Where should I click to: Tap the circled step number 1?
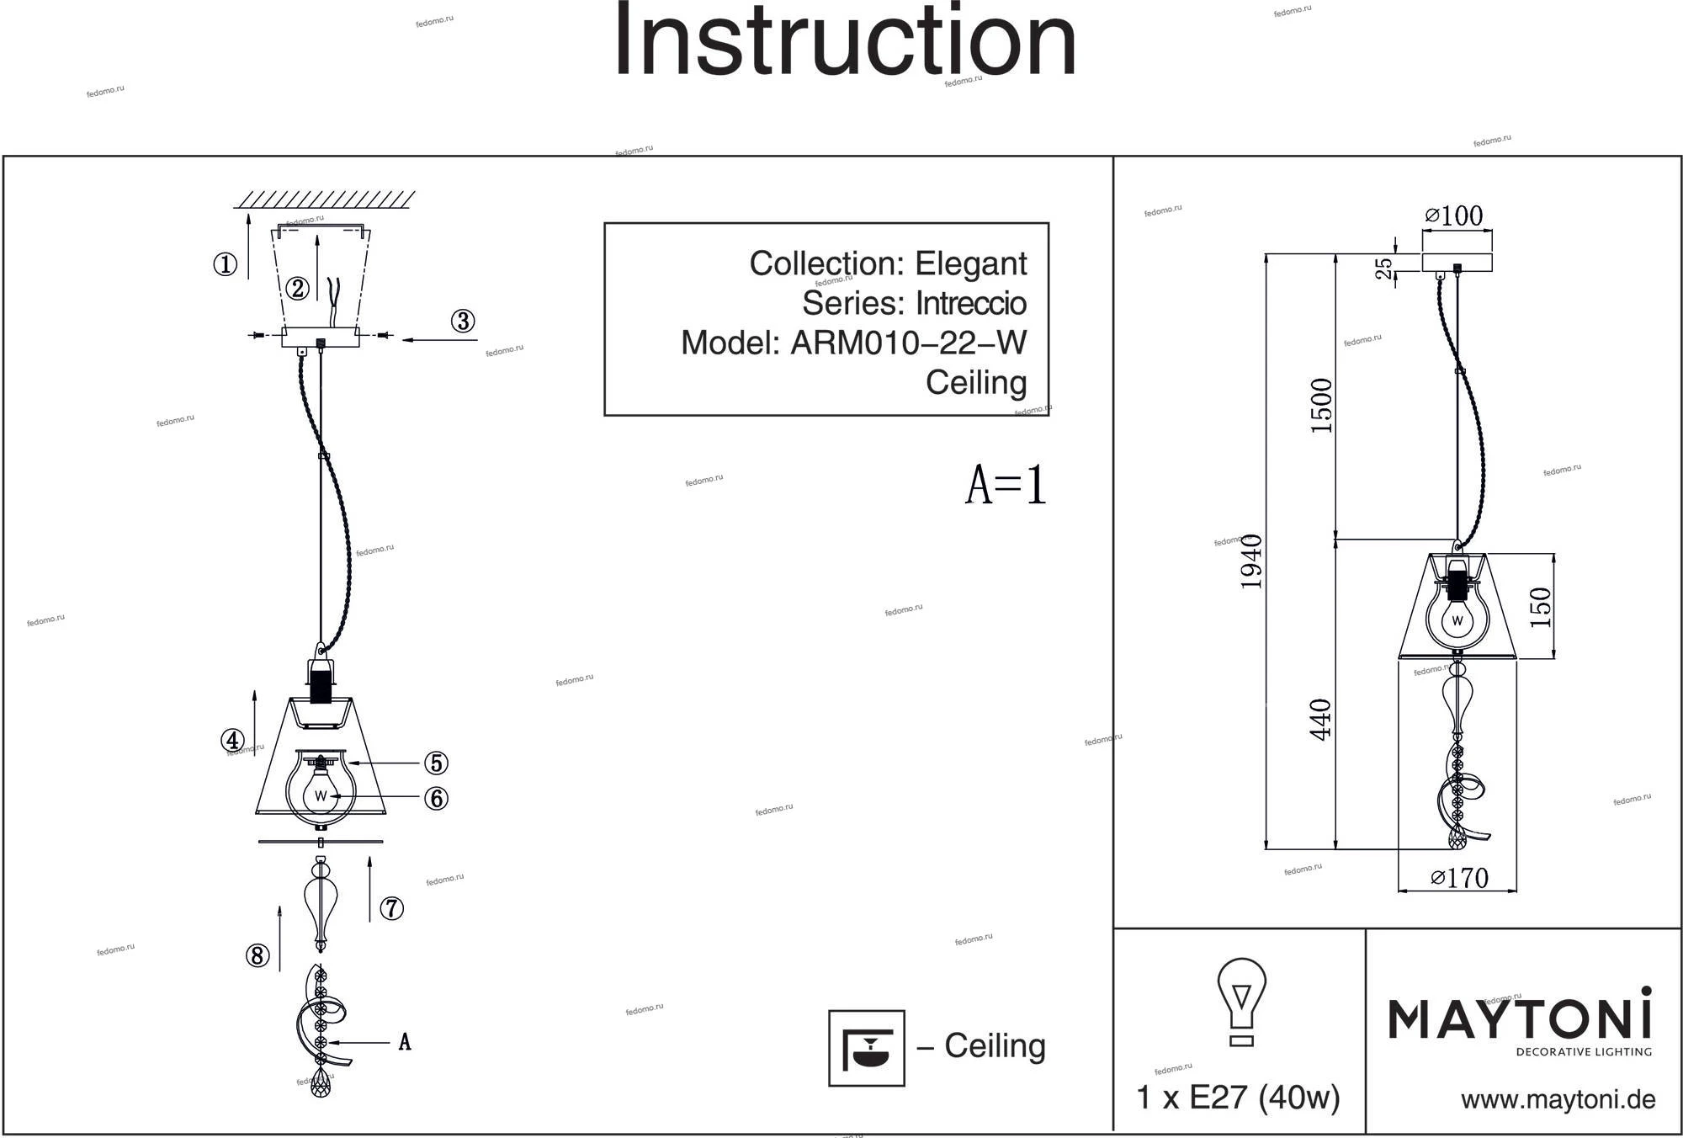pyautogui.click(x=225, y=265)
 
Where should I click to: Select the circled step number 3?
pyautogui.click(x=463, y=322)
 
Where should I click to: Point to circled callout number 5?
pyautogui.click(x=435, y=763)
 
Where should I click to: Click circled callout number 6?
pyautogui.click(x=435, y=798)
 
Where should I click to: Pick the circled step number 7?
pyautogui.click(x=391, y=909)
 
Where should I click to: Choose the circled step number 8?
pyautogui.click(x=257, y=956)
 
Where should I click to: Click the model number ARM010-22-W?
pyautogui.click(x=908, y=343)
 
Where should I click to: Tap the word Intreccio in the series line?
pyautogui.click(x=970, y=303)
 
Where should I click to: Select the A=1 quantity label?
pyautogui.click(x=1006, y=486)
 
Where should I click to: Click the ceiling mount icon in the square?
pyautogui.click(x=866, y=1048)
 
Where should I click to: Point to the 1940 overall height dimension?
pyautogui.click(x=1252, y=561)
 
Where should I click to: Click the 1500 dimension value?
pyautogui.click(x=1322, y=406)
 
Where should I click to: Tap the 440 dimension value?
pyautogui.click(x=1321, y=720)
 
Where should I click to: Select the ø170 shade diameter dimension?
pyautogui.click(x=1459, y=878)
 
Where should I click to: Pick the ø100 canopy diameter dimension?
pyautogui.click(x=1453, y=215)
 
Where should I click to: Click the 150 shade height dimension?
pyautogui.click(x=1539, y=607)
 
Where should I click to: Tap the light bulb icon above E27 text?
pyautogui.click(x=1241, y=1002)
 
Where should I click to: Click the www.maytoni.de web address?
pyautogui.click(x=1558, y=1099)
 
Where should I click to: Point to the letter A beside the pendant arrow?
pyautogui.click(x=405, y=1043)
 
